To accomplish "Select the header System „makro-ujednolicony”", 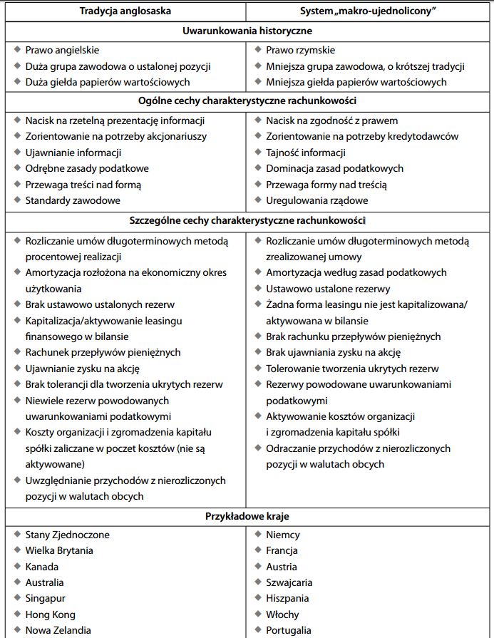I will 370,11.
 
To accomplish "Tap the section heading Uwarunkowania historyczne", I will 247,31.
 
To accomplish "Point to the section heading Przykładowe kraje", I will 247,516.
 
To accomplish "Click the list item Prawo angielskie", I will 62,51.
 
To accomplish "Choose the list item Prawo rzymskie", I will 300,51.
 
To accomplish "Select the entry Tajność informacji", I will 306,153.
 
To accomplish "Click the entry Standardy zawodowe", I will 73,200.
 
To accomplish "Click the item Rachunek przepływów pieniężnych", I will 103,352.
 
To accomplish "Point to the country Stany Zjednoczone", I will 68,535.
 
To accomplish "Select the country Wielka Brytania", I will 59,550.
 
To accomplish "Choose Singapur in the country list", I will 45,599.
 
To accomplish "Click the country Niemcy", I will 283,535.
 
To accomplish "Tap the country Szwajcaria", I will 290,582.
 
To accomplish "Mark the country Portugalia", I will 289,630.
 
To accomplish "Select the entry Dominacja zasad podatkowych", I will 334,168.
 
